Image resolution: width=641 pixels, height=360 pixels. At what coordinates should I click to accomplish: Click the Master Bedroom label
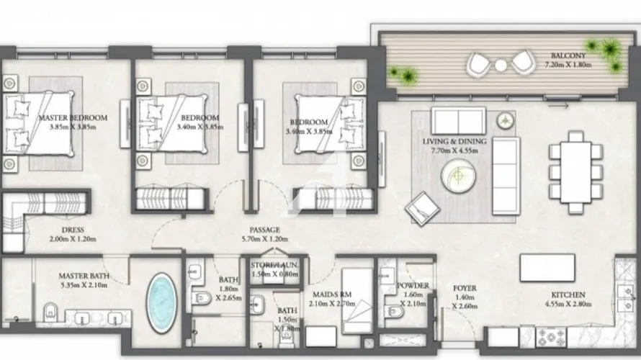pos(72,117)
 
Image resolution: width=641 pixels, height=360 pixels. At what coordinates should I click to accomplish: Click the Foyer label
pos(464,289)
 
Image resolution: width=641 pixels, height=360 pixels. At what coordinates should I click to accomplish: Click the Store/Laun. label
pos(274,266)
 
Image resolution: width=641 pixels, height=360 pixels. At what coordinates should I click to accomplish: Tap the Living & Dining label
pos(454,142)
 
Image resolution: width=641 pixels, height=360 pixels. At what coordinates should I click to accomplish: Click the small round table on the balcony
pos(501,66)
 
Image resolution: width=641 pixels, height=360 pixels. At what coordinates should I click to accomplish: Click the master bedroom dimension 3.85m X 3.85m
pos(72,127)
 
